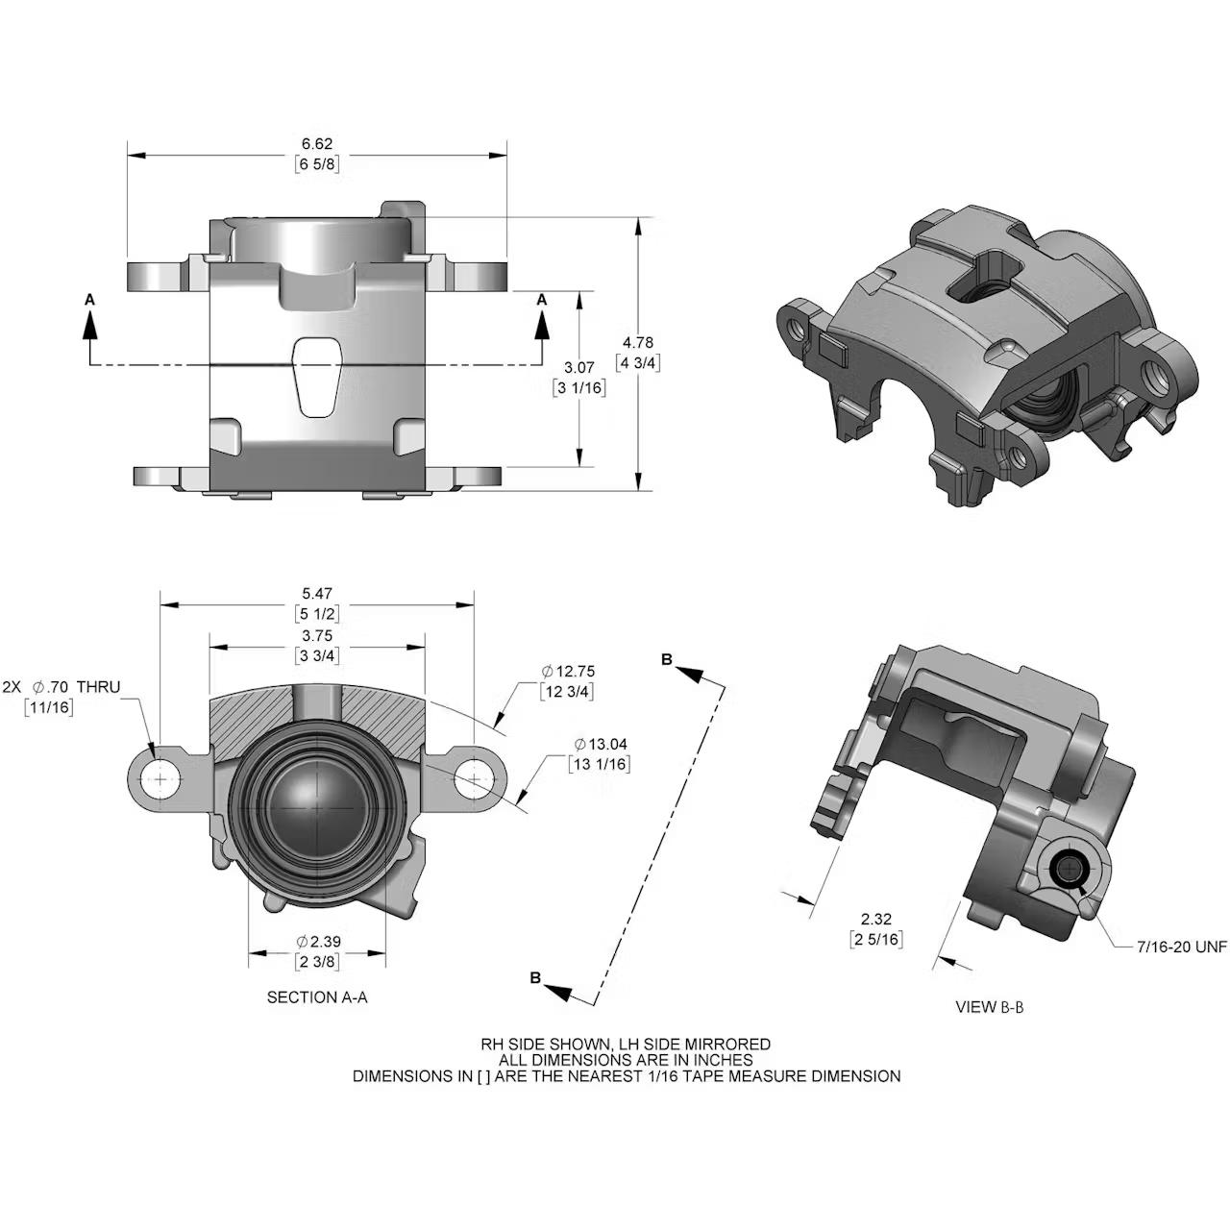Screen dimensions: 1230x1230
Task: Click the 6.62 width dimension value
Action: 316,144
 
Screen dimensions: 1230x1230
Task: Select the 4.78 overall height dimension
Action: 638,343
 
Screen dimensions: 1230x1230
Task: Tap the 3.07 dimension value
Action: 579,368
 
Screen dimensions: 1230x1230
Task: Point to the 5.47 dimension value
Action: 316,595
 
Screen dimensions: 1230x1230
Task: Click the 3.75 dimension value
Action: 316,636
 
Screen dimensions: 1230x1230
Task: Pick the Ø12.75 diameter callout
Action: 574,671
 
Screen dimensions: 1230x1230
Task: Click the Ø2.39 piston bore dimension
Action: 318,942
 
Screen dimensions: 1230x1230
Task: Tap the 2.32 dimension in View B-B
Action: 875,920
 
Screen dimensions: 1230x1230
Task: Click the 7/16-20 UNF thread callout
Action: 1181,947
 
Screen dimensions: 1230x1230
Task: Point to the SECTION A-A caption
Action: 317,997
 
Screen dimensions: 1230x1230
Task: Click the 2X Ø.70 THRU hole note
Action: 61,687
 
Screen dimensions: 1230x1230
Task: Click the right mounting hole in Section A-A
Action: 475,777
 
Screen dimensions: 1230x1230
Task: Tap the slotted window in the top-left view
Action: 316,377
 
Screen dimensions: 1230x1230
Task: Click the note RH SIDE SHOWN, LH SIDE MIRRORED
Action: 626,1044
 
